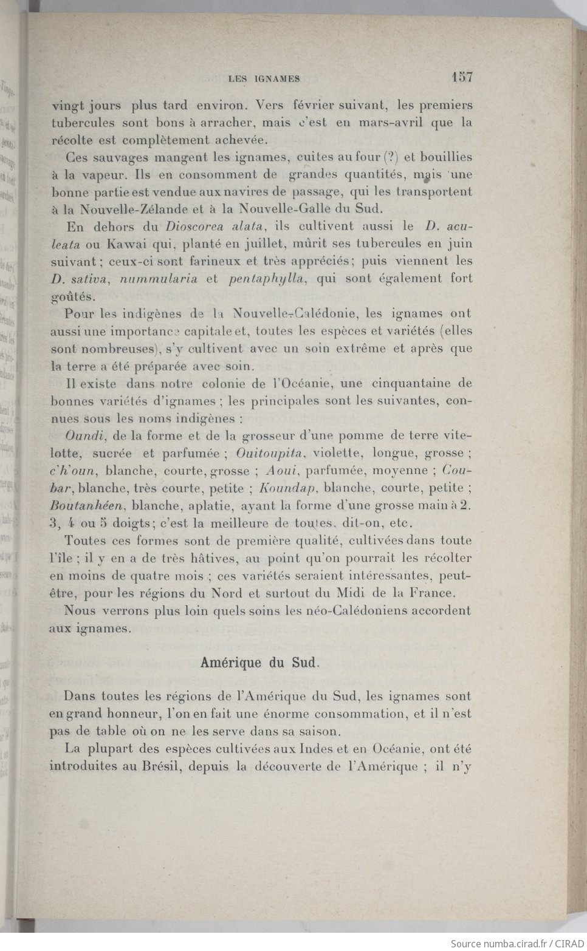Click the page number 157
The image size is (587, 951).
[461, 77]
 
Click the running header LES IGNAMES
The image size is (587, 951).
[264, 78]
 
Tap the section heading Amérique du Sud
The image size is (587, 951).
[259, 663]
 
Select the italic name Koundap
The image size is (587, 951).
[285, 488]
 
